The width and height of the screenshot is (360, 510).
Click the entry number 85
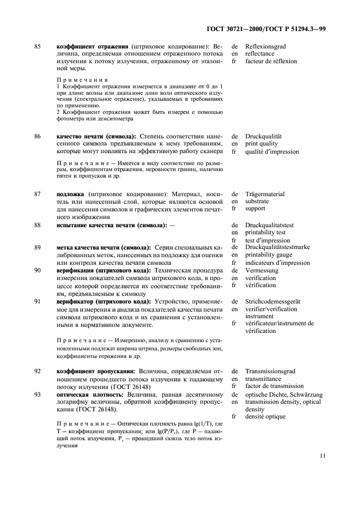point(38,46)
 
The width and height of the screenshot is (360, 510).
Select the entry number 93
point(38,394)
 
